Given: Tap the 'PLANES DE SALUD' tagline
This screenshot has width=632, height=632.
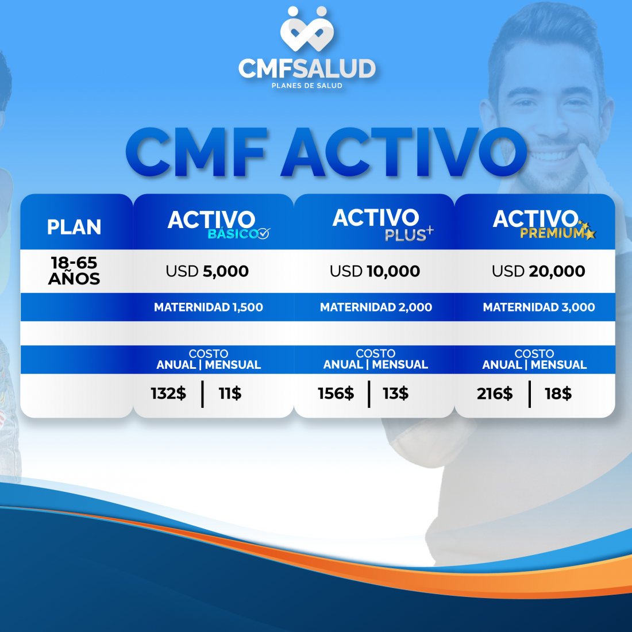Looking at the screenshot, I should pos(307,86).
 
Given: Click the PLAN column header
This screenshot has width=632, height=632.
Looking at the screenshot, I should pos(74,227).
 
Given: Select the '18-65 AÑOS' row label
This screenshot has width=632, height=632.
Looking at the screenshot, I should pos(74,271).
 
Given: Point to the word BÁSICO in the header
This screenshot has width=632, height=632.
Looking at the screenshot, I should pos(232,234).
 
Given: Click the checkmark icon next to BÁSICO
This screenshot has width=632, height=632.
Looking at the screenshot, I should pos(264,234).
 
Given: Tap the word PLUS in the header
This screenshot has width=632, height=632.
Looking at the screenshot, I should pos(405,235).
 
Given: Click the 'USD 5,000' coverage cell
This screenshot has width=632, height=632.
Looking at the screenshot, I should pos(207,271).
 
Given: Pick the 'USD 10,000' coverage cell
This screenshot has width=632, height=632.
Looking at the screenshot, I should pos(375,271).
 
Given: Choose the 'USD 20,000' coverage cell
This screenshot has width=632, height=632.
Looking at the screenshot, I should pos(538,271).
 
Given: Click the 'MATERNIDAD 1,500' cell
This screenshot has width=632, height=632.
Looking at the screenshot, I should pos(209,307).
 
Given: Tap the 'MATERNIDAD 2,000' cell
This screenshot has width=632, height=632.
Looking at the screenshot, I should pos(376,307).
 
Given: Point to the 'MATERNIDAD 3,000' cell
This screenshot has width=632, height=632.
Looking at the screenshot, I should pos(539,307).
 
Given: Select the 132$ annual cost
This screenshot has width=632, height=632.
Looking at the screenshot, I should pos(168,394).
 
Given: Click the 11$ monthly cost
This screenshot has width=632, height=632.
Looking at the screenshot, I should pos(230,394).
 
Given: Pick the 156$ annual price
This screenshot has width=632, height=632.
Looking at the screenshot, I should pos(336,394).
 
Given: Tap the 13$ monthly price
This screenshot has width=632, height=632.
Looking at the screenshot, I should pos(395,394).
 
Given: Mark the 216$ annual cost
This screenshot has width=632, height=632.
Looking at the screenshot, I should pos(495,394).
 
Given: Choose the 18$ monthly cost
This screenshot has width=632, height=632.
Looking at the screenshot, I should pos(558,394).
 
